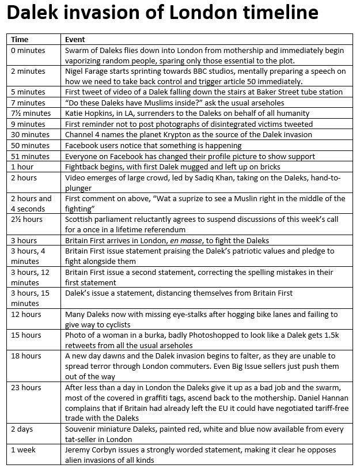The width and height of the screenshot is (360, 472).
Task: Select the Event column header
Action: [x=75, y=40]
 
